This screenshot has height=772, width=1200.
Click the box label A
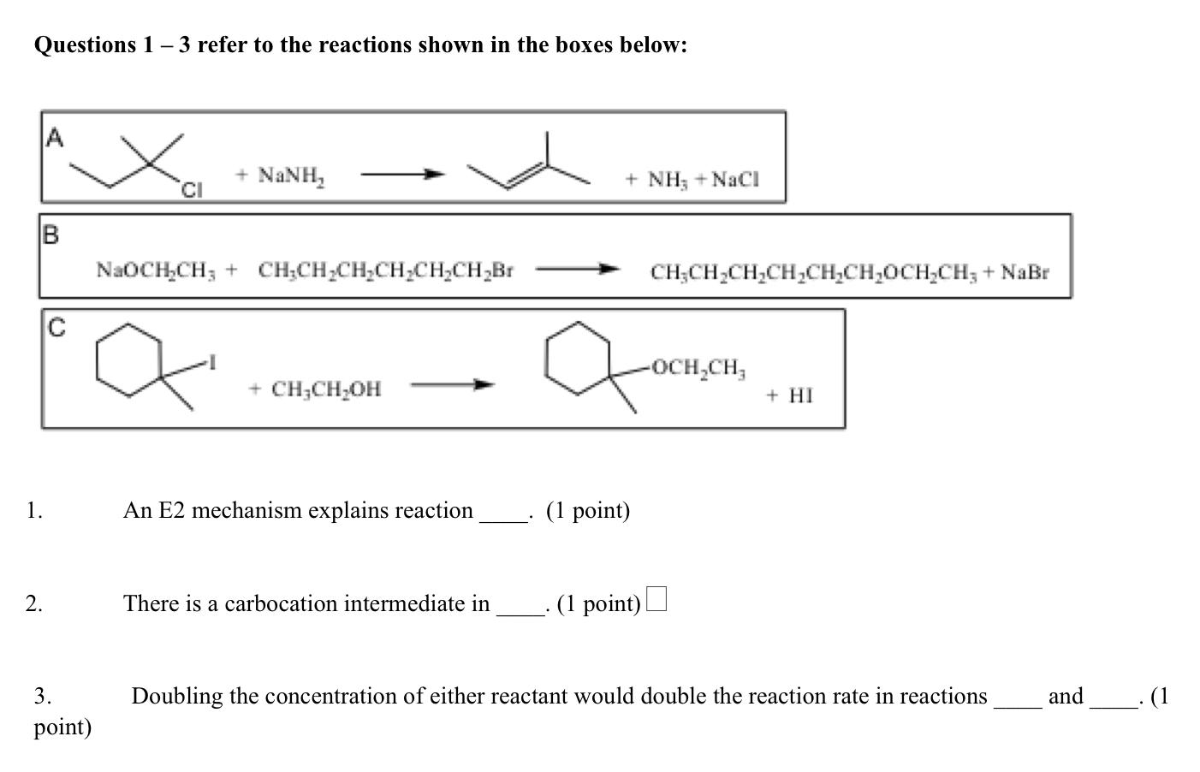pos(54,137)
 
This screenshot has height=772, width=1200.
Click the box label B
pos(50,235)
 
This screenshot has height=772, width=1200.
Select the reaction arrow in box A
pos(403,175)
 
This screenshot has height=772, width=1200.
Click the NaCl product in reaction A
pos(736,180)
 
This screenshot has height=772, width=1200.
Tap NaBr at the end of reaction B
pos(1025,272)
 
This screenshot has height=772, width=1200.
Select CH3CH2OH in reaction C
pos(326,390)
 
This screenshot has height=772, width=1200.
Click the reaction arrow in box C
pos(453,384)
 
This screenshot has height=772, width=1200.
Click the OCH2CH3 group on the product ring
pos(698,368)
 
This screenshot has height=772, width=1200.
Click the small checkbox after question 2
pos(656,599)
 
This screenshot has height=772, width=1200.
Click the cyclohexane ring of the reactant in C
pos(128,359)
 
